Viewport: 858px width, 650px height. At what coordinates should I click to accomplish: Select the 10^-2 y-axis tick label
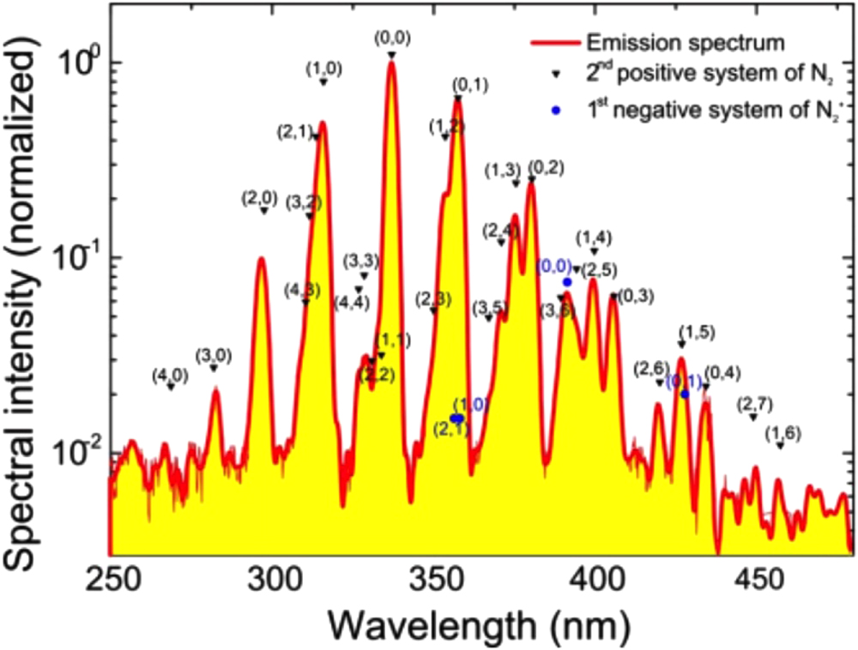point(79,449)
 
